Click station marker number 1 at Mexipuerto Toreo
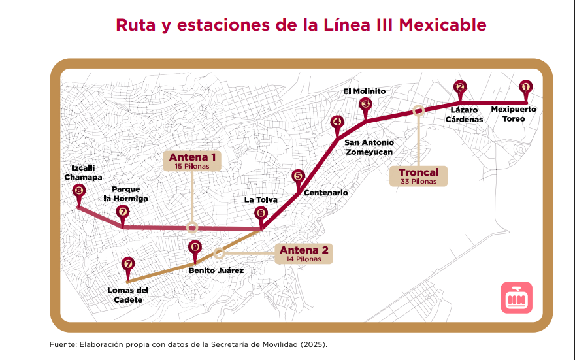point(525,86)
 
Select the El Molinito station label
point(365,91)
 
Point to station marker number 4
point(337,122)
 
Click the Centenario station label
point(325,193)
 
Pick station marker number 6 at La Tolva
point(261,212)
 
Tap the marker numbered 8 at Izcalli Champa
point(79,191)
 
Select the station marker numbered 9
point(194,247)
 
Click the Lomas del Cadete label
point(129,295)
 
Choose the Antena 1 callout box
point(192,161)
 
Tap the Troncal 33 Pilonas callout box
point(418,176)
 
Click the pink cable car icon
point(517,298)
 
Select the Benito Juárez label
point(216,270)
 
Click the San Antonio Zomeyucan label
point(369,147)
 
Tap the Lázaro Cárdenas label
point(465,114)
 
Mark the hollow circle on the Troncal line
point(418,111)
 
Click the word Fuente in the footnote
point(63,344)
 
